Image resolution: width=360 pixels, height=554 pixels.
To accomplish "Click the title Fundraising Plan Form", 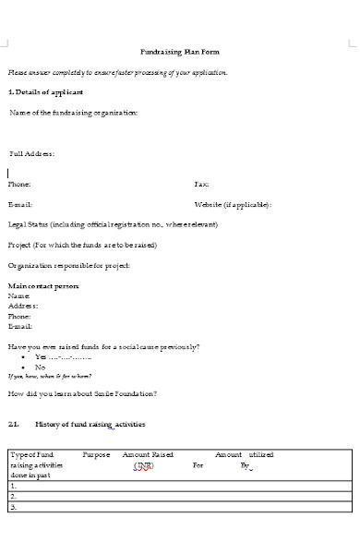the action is point(179,52).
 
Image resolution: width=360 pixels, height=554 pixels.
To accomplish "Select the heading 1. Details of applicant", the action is point(45,92).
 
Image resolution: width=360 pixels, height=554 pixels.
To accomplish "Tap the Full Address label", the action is point(31,153).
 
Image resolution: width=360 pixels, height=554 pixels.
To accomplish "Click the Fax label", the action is point(201,185).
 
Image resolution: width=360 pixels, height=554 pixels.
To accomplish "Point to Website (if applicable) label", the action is point(233,204).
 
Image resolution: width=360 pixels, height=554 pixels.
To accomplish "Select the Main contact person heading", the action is point(43,287).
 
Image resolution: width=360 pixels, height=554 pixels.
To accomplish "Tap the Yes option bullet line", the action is point(62,356).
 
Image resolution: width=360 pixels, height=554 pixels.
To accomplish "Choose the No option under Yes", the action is point(40,367).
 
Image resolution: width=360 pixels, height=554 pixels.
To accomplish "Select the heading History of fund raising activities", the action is point(90,424).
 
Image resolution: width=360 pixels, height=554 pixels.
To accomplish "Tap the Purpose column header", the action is point(96,455).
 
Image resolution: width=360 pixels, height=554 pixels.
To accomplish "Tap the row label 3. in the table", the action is point(13,507).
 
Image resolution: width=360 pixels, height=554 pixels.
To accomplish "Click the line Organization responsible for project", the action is point(68,266).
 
